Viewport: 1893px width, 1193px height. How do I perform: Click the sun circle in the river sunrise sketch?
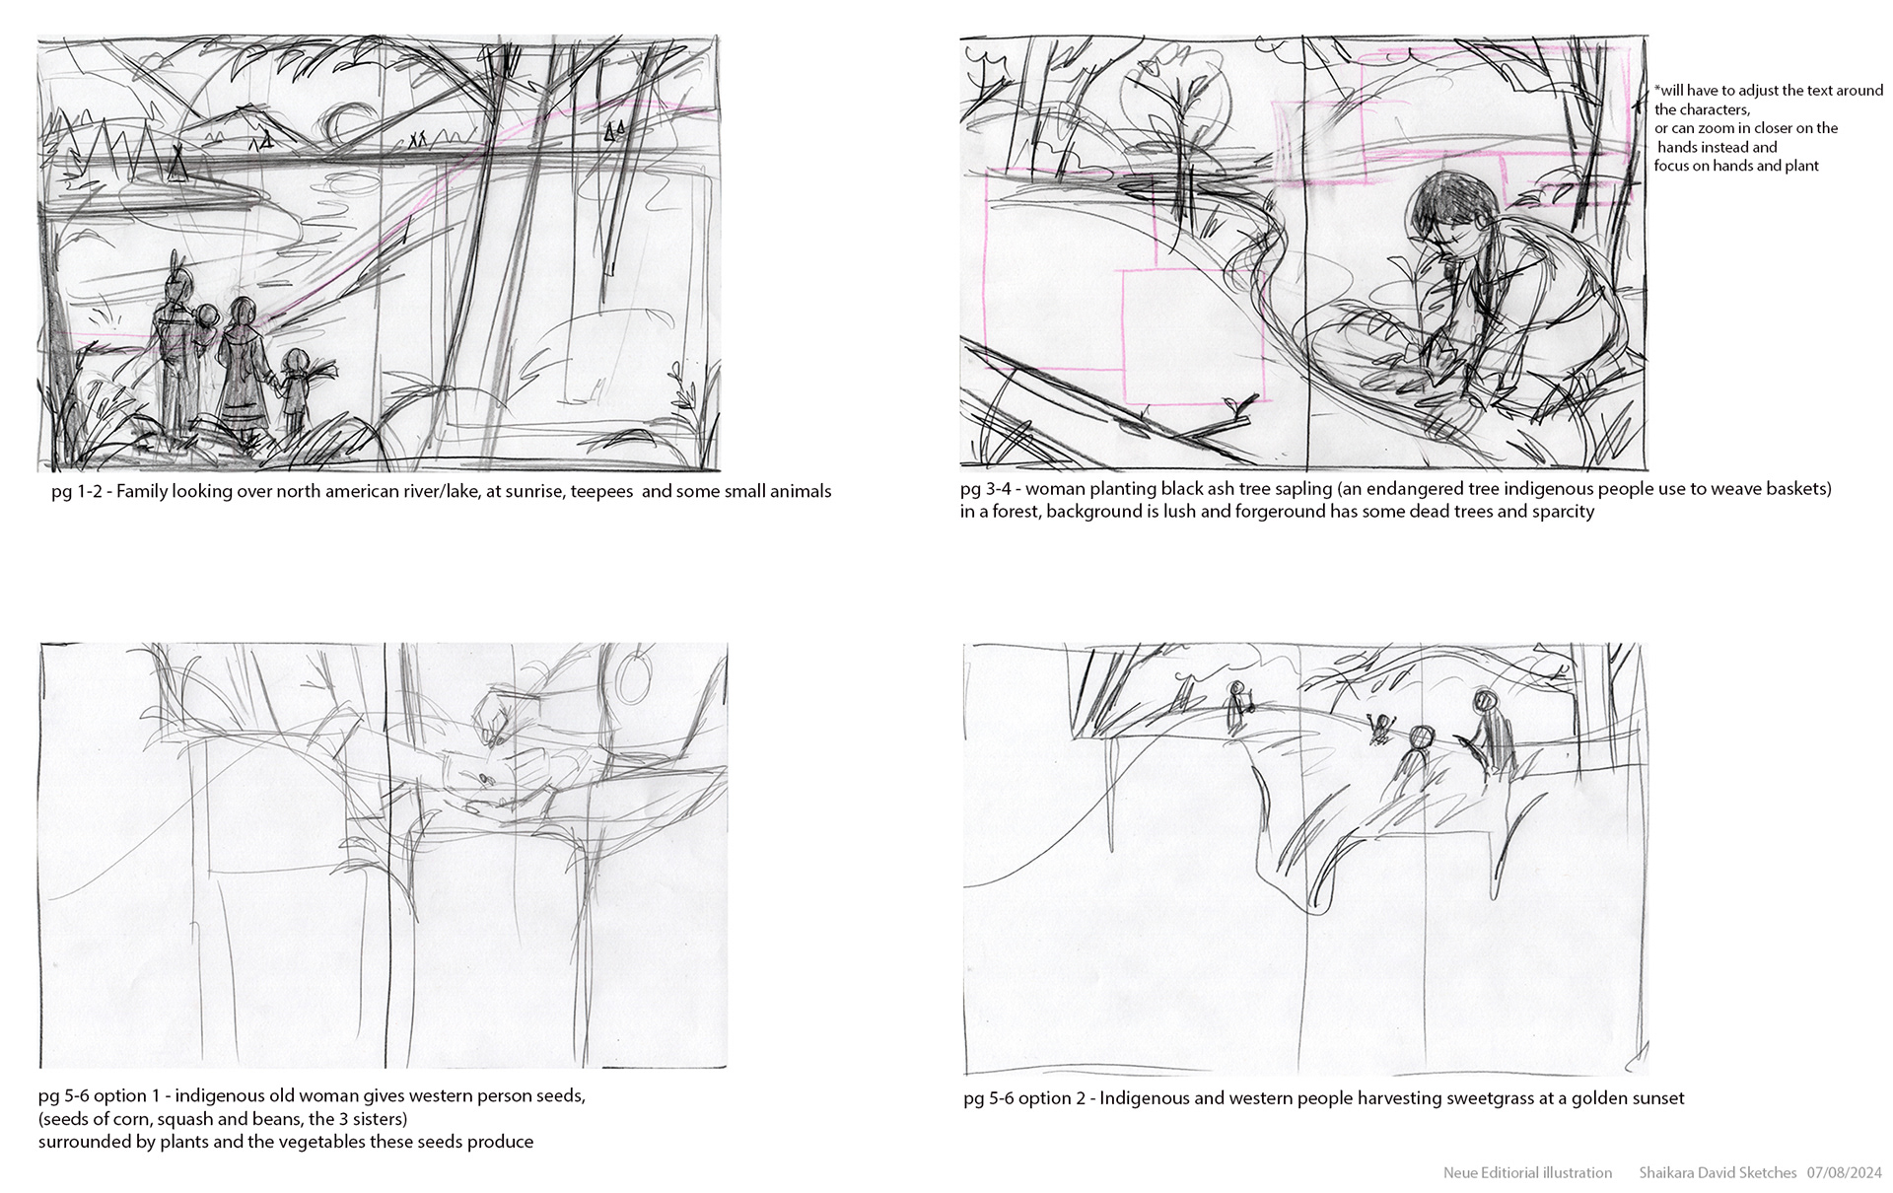pyautogui.click(x=332, y=125)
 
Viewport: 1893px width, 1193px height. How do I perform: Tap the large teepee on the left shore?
pyautogui.click(x=177, y=163)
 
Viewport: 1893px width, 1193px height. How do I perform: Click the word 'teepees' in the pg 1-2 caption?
pyautogui.click(x=601, y=491)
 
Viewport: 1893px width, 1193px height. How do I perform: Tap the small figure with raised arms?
pyautogui.click(x=1381, y=728)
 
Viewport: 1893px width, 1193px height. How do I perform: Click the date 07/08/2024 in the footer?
pyautogui.click(x=1845, y=1172)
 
